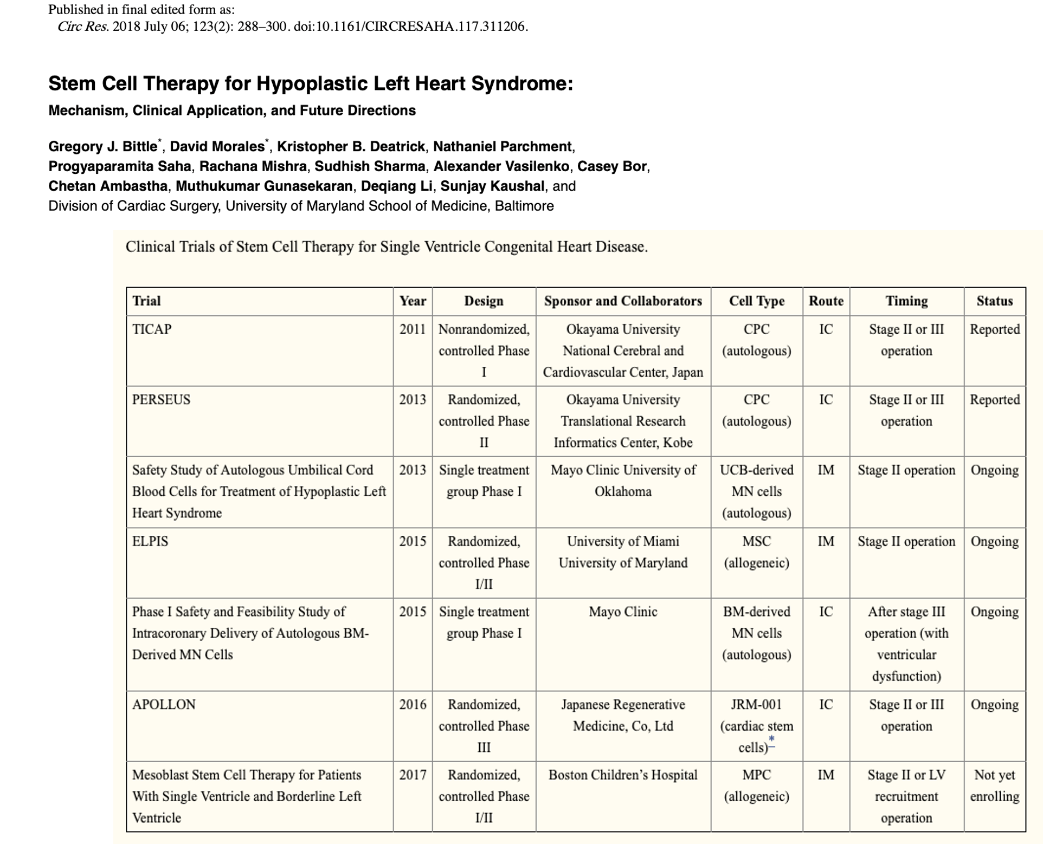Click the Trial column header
click(146, 301)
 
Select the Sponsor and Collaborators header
click(623, 301)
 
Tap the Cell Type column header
click(756, 301)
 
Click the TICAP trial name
click(152, 329)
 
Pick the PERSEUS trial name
click(161, 400)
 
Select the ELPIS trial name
click(150, 542)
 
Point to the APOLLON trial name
click(164, 705)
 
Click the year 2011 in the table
click(413, 329)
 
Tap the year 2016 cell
click(413, 705)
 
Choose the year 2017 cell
click(413, 775)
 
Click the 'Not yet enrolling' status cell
click(994, 785)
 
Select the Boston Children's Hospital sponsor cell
click(623, 775)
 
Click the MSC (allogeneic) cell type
click(756, 552)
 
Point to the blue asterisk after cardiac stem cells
click(772, 740)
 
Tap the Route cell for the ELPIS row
click(826, 542)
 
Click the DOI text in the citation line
click(410, 27)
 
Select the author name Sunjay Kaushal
click(492, 186)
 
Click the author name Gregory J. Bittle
click(102, 147)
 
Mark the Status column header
click(994, 301)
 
